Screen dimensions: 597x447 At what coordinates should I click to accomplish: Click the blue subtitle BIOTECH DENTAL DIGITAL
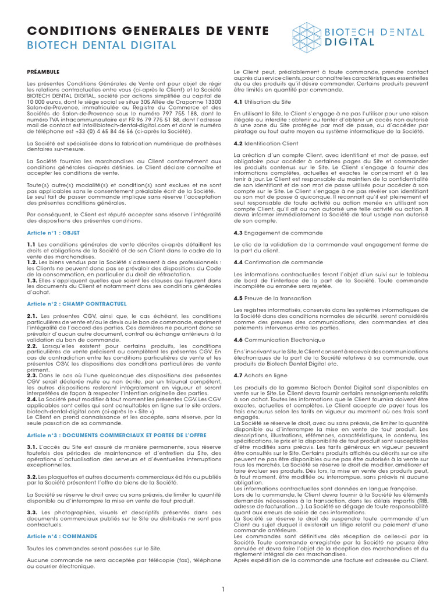tap(101, 45)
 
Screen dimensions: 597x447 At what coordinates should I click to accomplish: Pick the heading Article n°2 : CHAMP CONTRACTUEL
tap(76, 304)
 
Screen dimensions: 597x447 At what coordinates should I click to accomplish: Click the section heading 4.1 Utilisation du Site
tap(261, 101)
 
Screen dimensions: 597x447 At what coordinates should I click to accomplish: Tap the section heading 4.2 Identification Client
tap(265, 143)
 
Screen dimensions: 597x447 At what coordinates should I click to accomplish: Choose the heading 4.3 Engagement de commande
tap(270, 233)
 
